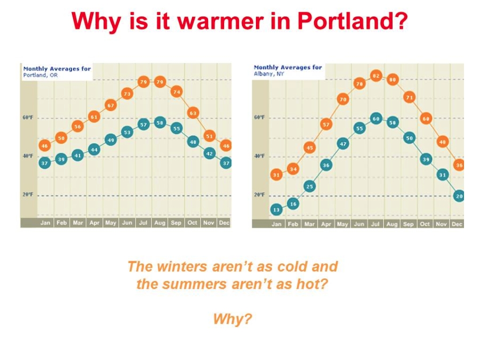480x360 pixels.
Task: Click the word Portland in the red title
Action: (353, 21)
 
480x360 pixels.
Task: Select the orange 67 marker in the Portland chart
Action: (110, 105)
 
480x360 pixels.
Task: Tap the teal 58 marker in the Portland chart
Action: (160, 123)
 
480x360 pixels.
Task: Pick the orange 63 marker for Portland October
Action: (193, 113)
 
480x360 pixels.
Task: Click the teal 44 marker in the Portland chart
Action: (94, 150)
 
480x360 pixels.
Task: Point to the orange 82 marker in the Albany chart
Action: (376, 76)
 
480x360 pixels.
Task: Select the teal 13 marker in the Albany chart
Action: (276, 210)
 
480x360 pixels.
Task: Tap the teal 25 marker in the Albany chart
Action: (309, 187)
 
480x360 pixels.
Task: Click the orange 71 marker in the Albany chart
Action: (409, 98)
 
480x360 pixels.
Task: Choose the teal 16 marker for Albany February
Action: (293, 204)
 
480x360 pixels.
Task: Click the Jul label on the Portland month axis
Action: (143, 222)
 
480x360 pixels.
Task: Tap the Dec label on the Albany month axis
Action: (457, 224)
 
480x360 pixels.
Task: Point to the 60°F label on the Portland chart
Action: (28, 117)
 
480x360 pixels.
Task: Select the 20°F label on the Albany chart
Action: (259, 195)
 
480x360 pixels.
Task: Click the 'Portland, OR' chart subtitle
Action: (41, 75)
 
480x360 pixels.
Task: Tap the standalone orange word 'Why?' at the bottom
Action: (233, 319)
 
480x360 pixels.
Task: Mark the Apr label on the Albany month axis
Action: (326, 224)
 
